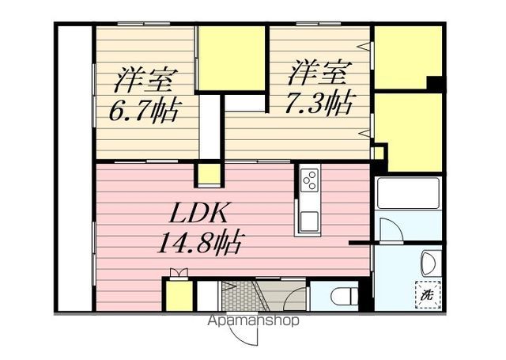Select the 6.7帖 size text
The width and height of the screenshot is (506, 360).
pyautogui.click(x=142, y=108)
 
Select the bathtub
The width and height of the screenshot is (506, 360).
pyautogui.click(x=408, y=194)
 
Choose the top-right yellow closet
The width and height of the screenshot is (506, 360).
pyautogui.click(x=406, y=57)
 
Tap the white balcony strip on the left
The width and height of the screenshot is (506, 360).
pyautogui.click(x=74, y=166)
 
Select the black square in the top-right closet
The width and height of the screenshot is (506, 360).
pyautogui.click(x=432, y=82)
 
